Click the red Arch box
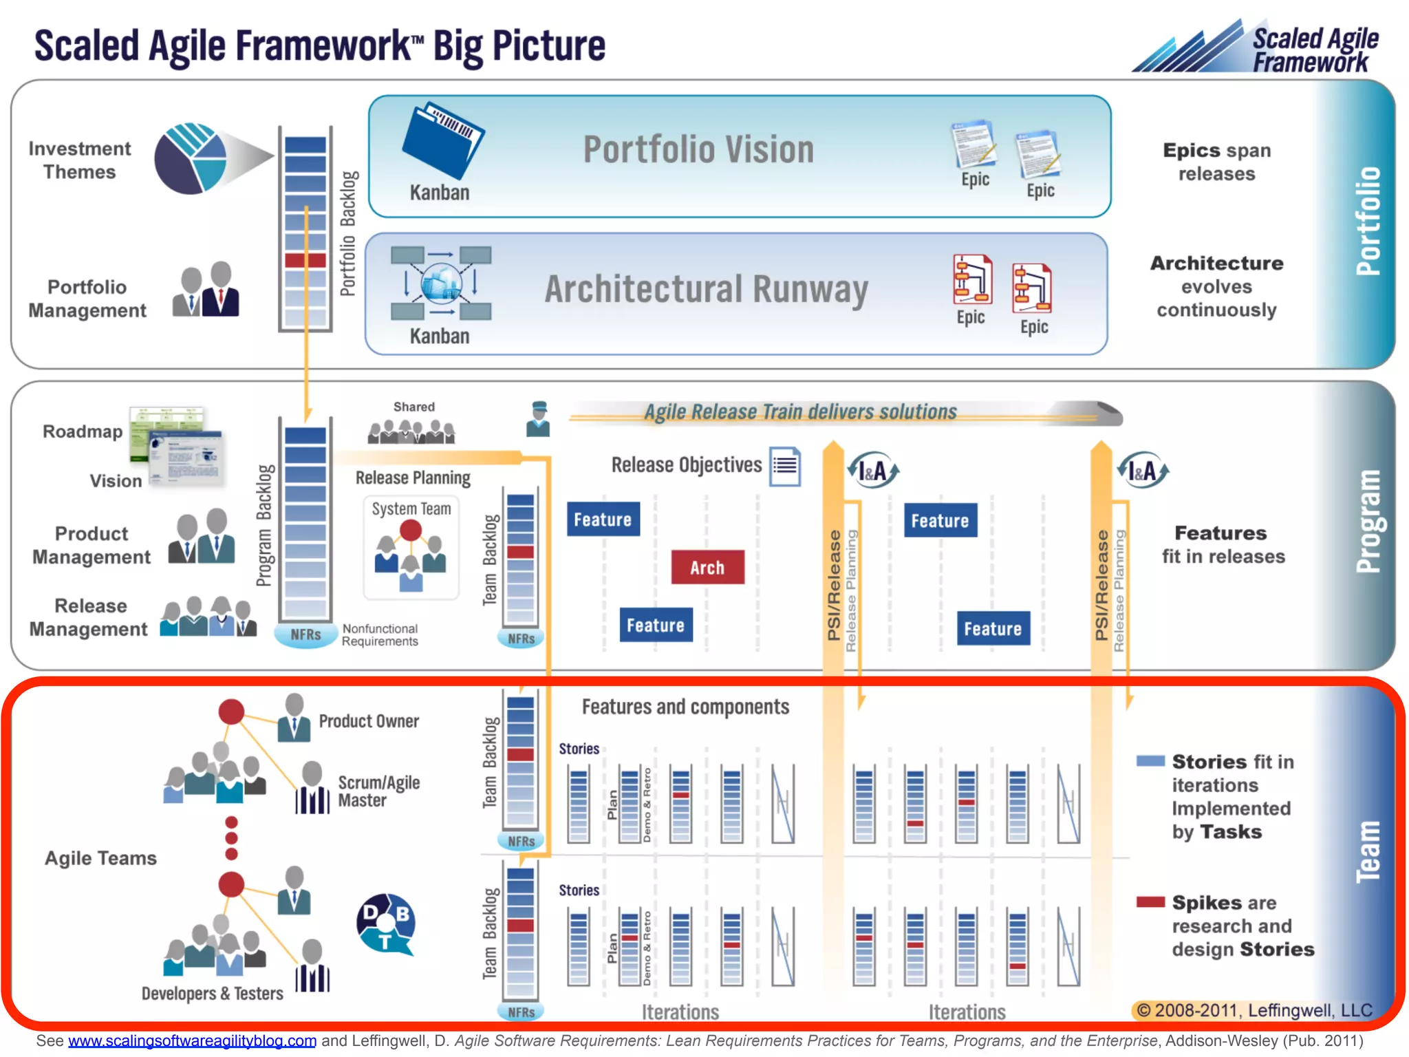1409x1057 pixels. click(707, 567)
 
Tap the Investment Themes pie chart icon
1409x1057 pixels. click(191, 158)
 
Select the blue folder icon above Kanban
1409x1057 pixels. click(442, 140)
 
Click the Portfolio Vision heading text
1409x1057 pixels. click(698, 149)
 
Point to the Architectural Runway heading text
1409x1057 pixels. click(706, 289)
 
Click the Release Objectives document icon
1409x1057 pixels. click(785, 467)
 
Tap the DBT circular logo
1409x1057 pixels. click(386, 923)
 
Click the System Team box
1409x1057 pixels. click(411, 547)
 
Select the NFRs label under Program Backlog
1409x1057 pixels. click(305, 634)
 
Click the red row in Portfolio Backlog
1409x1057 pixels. click(305, 260)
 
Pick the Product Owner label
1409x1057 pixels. click(369, 721)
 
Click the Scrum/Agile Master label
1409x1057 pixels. click(378, 791)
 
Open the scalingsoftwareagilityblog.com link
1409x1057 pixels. click(192, 1040)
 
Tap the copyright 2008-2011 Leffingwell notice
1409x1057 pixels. click(1254, 1010)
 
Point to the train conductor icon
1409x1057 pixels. click(538, 419)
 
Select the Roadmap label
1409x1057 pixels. click(83, 431)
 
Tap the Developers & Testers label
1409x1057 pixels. click(212, 993)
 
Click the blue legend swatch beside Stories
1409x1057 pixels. click(1150, 761)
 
